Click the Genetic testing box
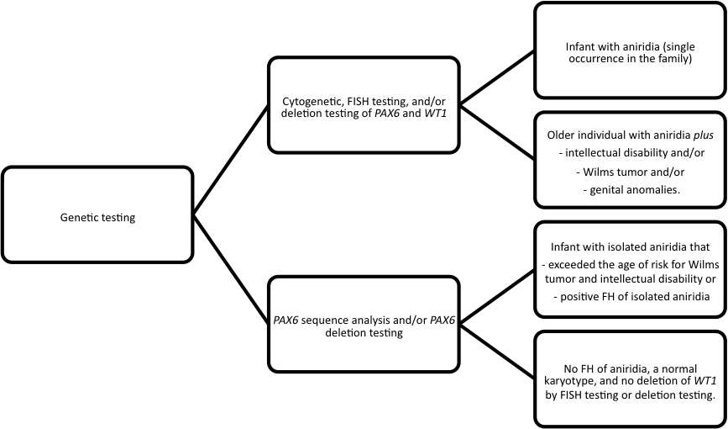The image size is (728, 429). [x=97, y=218]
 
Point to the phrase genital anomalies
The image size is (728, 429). [x=631, y=191]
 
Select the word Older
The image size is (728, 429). [x=562, y=135]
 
